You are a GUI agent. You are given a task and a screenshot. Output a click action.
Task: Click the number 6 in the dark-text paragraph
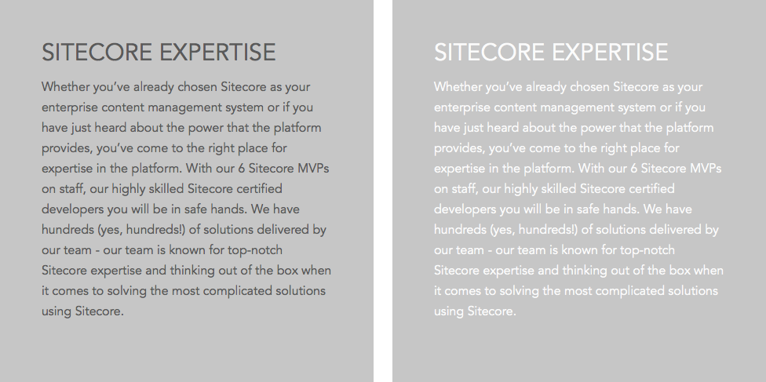(x=241, y=169)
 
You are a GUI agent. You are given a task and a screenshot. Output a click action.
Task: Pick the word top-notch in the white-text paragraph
(x=647, y=250)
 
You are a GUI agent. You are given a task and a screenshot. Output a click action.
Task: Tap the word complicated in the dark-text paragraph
(x=231, y=291)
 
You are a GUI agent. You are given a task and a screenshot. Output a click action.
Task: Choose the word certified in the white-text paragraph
(x=651, y=188)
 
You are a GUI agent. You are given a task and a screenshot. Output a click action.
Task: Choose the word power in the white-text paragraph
(x=598, y=128)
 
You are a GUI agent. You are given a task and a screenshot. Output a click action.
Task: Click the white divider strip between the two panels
(x=383, y=191)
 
